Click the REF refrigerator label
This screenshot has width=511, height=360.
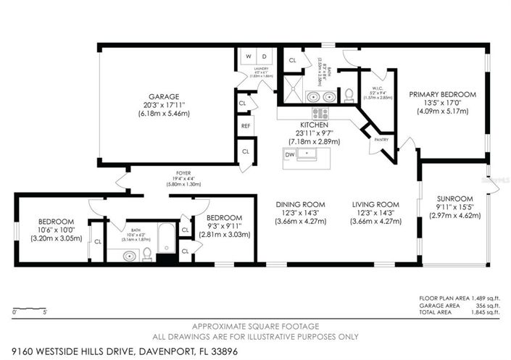tap(245, 126)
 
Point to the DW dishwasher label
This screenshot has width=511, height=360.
tap(290, 154)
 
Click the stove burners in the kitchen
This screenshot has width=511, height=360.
tap(320, 114)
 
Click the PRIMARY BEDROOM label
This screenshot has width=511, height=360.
tap(442, 95)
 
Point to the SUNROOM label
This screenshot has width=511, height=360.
tap(455, 198)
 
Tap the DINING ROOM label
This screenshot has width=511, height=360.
tap(300, 204)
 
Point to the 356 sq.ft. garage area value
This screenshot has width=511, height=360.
tap(487, 305)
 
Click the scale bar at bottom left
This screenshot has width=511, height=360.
tap(30, 306)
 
